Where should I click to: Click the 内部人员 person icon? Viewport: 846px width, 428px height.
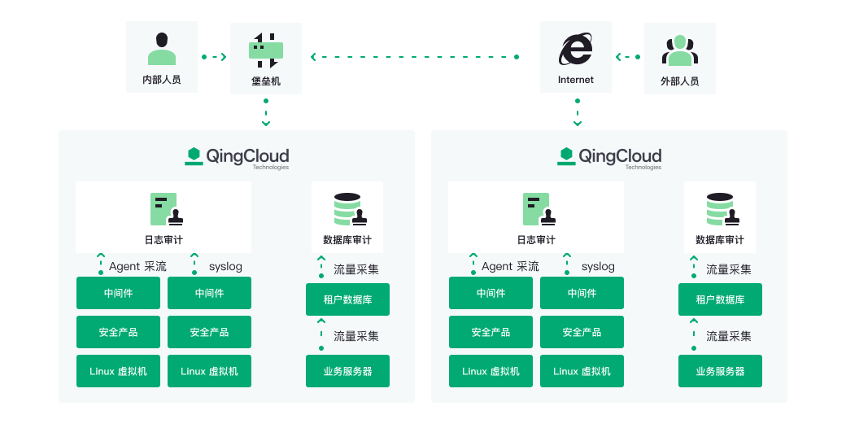point(162,49)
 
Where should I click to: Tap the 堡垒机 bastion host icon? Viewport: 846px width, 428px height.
point(266,50)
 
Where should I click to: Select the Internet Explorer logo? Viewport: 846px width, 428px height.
point(576,49)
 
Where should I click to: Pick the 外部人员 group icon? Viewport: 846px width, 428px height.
point(680,50)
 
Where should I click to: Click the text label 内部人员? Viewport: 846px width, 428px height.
point(162,80)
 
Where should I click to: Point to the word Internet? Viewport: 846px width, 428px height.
point(576,80)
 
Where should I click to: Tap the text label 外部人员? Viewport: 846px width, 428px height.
point(680,81)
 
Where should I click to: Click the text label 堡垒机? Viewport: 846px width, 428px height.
point(266,81)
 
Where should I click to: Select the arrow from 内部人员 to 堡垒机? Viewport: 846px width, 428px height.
point(214,57)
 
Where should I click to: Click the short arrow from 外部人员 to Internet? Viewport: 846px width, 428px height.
point(628,57)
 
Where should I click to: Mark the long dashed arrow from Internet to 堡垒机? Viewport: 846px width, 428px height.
point(415,57)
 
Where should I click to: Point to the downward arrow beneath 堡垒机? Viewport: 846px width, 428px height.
point(266,112)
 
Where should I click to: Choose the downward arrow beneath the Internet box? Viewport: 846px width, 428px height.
point(578,112)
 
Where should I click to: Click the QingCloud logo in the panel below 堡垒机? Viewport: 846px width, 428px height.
point(237,158)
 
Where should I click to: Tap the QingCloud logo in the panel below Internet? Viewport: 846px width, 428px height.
point(609,158)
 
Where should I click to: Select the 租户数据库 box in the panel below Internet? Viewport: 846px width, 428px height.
point(720,299)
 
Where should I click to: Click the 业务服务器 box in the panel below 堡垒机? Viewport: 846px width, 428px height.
point(347,371)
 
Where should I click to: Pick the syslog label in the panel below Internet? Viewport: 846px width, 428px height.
point(598,267)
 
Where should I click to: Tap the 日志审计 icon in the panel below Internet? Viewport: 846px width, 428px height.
point(539,209)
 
